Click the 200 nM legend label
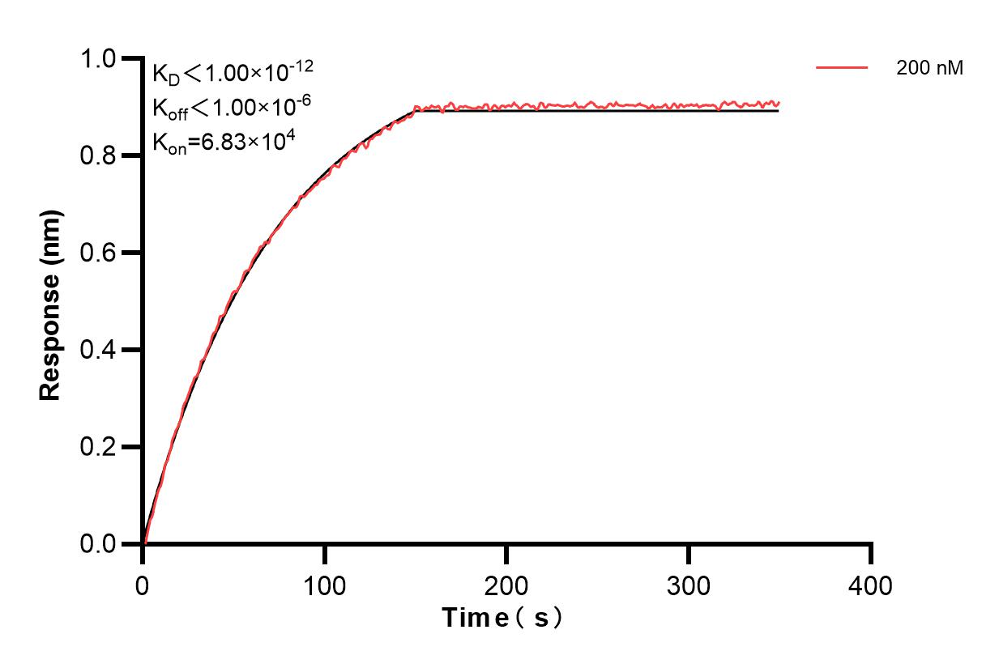(929, 69)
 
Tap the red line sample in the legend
(842, 69)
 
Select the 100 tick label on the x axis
(324, 584)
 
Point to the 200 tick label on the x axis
(506, 584)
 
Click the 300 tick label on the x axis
(689, 584)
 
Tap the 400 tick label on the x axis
(871, 584)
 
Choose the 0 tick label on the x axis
(143, 584)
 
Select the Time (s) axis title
(502, 619)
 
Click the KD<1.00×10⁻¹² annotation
(233, 73)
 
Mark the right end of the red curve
(779, 103)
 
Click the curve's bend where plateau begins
(416, 108)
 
